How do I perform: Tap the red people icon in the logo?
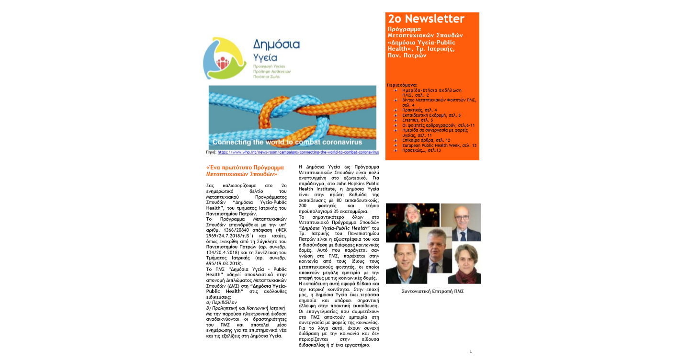[x=223, y=63]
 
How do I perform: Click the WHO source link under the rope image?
[x=298, y=152]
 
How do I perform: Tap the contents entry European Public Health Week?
[x=436, y=145]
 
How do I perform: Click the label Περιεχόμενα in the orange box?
[x=402, y=85]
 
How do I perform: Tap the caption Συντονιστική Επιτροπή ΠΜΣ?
[x=432, y=291]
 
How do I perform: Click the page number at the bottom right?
[x=471, y=351]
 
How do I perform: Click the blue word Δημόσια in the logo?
[x=276, y=45]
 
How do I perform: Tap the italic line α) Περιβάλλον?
[x=222, y=303]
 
